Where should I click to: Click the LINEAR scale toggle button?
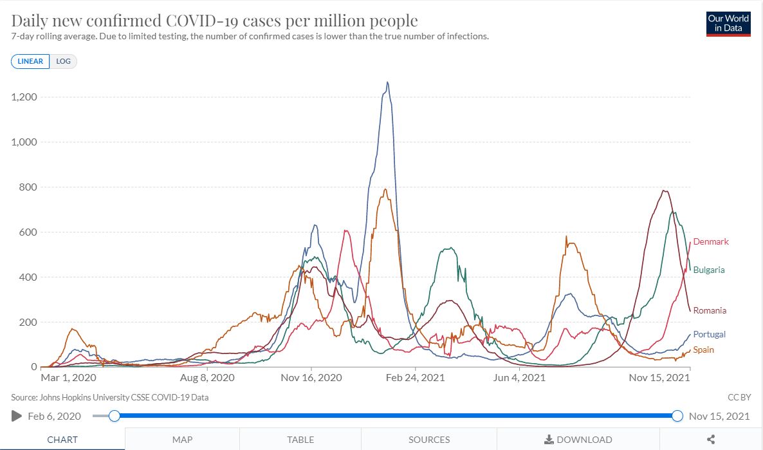point(30,61)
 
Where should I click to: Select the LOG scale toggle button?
point(63,61)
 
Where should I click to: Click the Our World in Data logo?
point(728,24)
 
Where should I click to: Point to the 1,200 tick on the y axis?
point(24,97)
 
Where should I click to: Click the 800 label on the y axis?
point(28,187)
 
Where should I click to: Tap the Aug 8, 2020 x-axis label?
point(207,377)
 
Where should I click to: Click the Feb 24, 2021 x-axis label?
point(415,377)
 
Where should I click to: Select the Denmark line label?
point(711,241)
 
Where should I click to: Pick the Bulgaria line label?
point(709,270)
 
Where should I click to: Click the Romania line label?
point(710,310)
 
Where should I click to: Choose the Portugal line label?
point(709,334)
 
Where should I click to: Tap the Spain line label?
point(703,350)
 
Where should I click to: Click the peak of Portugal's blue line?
point(387,82)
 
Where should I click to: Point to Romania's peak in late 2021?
point(664,191)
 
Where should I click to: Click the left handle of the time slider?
point(115,416)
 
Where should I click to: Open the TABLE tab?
point(300,439)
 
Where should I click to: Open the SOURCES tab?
point(428,439)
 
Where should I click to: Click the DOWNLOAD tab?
point(578,439)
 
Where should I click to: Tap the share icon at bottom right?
point(711,439)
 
